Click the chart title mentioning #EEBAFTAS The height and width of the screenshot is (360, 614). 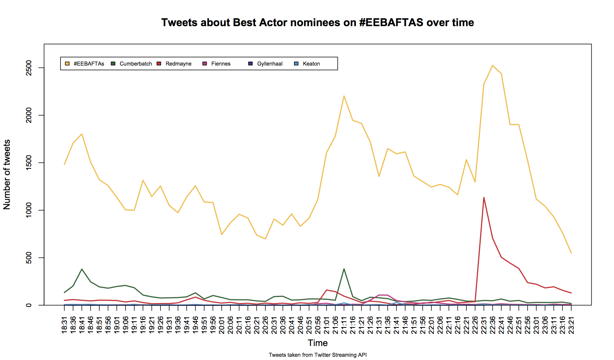(317, 23)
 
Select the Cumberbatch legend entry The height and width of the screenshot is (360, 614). (135, 64)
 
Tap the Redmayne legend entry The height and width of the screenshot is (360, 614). (178, 64)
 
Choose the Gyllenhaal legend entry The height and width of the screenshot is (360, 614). (269, 64)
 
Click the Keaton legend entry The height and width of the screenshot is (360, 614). (311, 64)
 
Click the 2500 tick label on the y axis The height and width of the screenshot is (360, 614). (29, 68)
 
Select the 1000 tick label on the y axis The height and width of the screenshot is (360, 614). (29, 210)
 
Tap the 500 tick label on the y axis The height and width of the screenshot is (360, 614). (29, 258)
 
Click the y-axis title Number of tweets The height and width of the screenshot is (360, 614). (7, 174)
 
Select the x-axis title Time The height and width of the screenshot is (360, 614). (318, 343)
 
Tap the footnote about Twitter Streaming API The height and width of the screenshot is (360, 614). (318, 355)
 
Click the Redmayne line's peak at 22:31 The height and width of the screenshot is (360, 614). (484, 197)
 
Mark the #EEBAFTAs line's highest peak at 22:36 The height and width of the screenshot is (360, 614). (493, 66)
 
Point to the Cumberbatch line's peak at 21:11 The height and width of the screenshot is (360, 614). (344, 269)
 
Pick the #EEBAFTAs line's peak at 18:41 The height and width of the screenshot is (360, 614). (82, 134)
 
